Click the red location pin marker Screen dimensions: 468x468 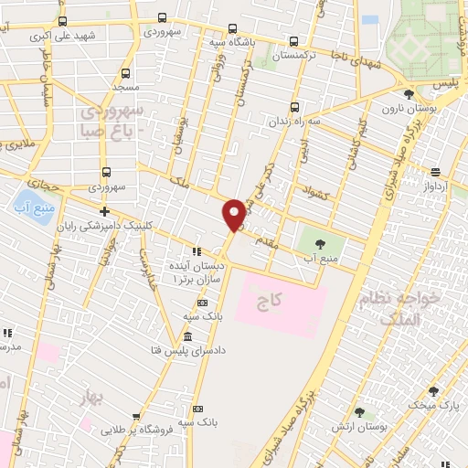234,214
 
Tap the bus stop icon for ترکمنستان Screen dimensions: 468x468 293,41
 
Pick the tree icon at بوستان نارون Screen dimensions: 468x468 408,93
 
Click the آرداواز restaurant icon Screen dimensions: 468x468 435,171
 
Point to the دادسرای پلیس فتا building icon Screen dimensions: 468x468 187,336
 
